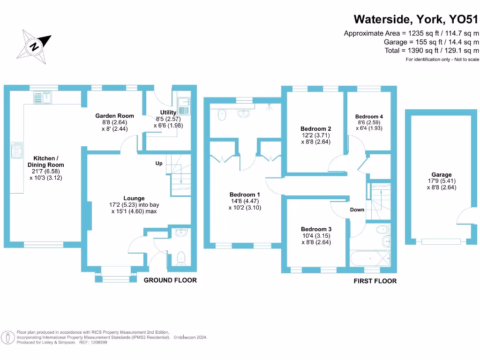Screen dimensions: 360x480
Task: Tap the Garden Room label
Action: point(115,116)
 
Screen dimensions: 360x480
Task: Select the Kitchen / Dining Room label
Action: point(46,162)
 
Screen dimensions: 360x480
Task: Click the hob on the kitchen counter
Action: point(16,151)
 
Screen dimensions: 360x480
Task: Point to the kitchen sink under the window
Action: point(44,97)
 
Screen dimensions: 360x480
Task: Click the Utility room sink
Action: point(183,106)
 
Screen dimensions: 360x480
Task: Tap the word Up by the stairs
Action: point(159,164)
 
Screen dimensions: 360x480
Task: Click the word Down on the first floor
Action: point(357,210)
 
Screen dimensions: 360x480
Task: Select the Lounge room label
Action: point(134,198)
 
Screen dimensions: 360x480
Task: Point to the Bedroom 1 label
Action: point(245,195)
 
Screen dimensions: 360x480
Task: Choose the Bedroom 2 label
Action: point(316,129)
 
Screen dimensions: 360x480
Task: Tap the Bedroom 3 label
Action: point(316,229)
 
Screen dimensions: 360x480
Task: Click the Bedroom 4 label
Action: point(369,117)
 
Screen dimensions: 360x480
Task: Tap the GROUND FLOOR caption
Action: point(170,280)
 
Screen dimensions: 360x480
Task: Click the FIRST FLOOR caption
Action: point(375,281)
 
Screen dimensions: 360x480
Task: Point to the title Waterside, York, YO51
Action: point(416,19)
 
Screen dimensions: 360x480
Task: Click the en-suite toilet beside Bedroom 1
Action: point(223,114)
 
